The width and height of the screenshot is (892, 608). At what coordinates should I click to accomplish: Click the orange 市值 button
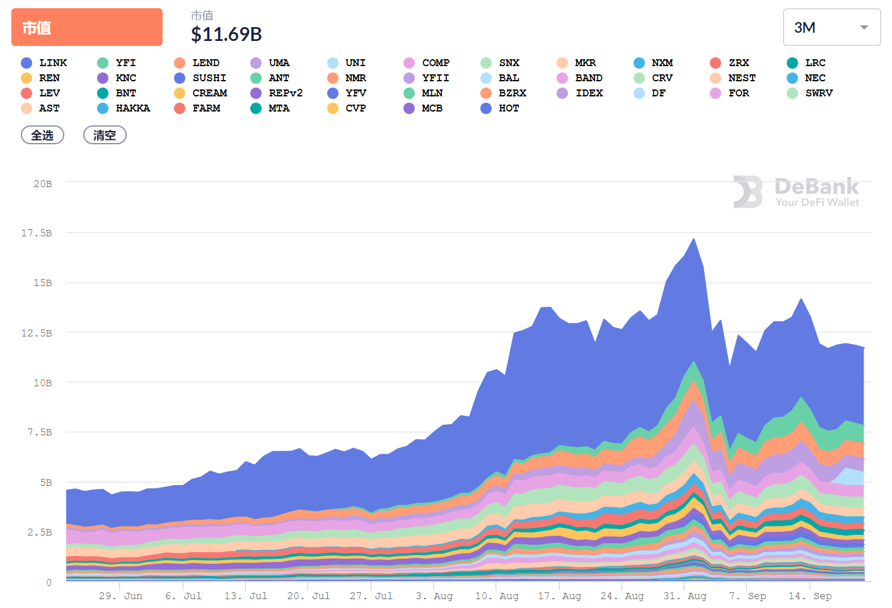click(86, 27)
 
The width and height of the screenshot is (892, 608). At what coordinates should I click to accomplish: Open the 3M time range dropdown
click(831, 27)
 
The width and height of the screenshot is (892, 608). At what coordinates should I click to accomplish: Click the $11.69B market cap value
click(226, 34)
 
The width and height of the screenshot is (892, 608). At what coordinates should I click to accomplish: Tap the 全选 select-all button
click(42, 135)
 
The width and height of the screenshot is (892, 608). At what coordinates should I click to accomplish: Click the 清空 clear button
click(105, 135)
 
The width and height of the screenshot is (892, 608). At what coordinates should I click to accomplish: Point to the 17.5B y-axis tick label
click(37, 233)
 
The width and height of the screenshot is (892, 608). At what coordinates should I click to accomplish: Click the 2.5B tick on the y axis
click(39, 532)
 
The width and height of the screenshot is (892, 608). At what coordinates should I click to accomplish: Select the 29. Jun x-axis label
click(120, 596)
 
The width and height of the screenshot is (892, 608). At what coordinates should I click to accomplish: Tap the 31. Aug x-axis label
click(685, 596)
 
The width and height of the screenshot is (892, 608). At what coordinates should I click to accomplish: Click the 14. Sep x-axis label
click(810, 596)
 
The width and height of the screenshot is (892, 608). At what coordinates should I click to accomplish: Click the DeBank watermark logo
click(796, 192)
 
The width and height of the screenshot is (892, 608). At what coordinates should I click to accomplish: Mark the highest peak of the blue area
click(694, 239)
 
